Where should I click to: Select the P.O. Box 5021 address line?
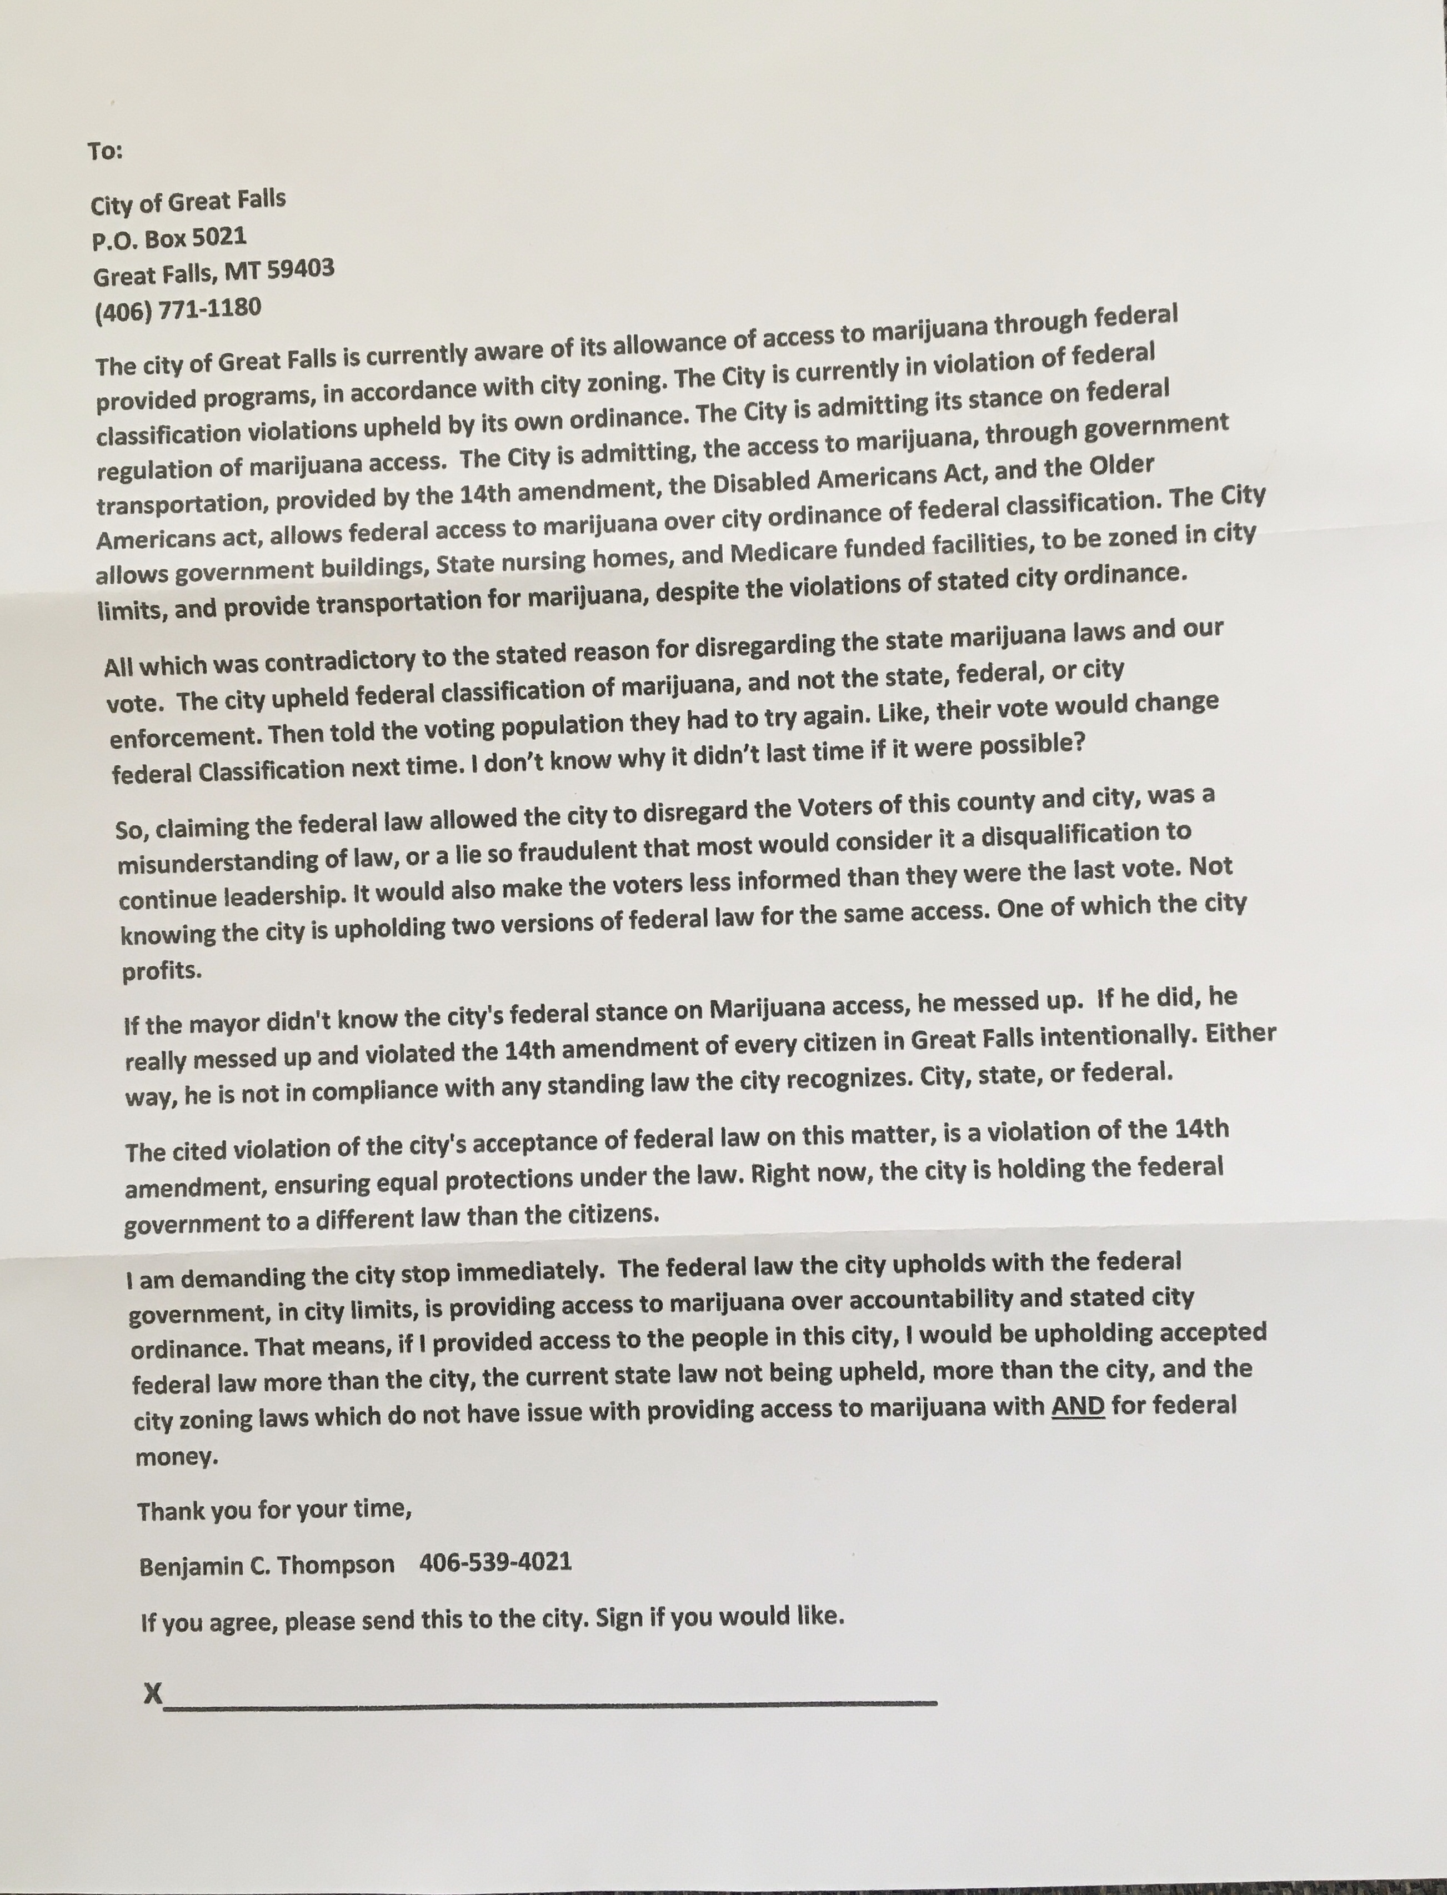(169, 237)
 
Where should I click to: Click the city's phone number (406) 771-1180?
(177, 308)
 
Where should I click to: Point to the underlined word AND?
(1078, 1406)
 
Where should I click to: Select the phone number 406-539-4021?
(495, 1561)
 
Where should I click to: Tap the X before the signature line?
(152, 1693)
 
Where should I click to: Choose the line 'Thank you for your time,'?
(274, 1510)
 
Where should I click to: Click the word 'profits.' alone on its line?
(161, 970)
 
